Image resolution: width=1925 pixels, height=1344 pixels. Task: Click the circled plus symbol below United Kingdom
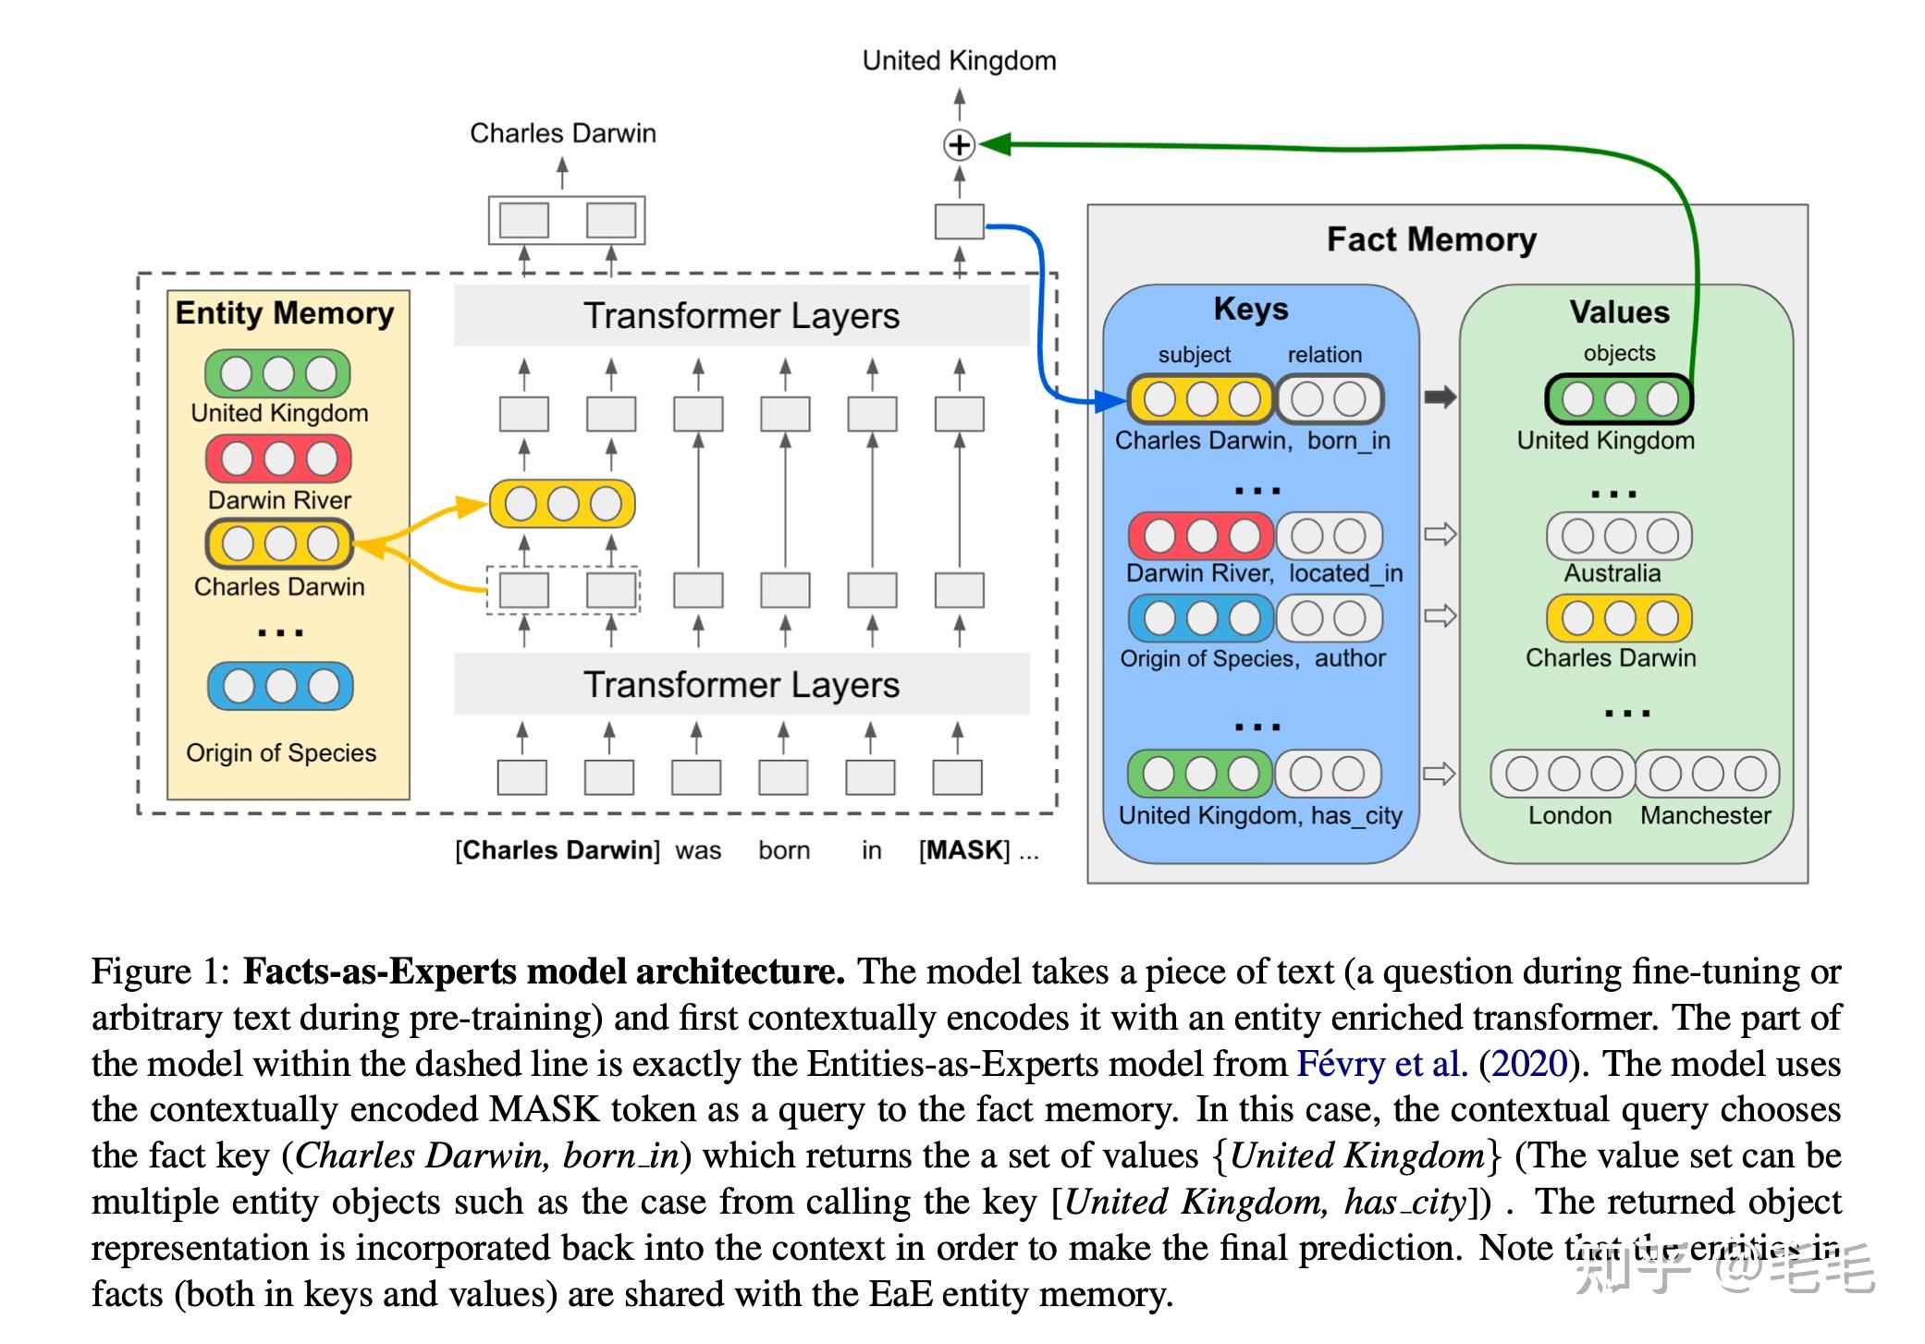click(x=959, y=145)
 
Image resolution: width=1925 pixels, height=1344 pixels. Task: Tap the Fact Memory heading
click(x=1431, y=239)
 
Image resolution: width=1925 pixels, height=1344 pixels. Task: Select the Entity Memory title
click(x=285, y=313)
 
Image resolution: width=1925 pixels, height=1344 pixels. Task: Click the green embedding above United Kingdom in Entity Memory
click(x=277, y=373)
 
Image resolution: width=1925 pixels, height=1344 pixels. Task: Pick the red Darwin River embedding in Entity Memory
click(x=278, y=458)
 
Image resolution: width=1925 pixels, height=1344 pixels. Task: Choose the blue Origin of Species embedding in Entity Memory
click(x=280, y=686)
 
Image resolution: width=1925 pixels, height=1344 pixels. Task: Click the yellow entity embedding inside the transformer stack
click(x=562, y=504)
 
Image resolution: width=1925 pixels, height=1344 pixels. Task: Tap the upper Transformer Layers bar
click(x=741, y=316)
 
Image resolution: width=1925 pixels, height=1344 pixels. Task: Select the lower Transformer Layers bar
click(x=741, y=685)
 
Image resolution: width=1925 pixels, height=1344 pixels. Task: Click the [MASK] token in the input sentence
click(x=964, y=850)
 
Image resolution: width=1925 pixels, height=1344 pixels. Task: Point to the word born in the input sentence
click(x=784, y=850)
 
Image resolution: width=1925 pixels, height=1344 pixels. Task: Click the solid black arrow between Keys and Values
click(x=1440, y=397)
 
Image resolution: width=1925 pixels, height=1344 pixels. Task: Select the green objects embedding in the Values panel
click(x=1619, y=398)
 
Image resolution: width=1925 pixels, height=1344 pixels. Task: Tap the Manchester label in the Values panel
click(x=1705, y=815)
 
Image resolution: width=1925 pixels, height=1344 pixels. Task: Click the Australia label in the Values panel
click(x=1612, y=573)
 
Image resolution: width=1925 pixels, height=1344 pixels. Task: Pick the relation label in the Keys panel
click(x=1324, y=355)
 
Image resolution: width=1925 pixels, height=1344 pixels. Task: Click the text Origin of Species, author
click(x=1252, y=658)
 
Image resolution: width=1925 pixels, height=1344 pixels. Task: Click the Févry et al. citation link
click(x=1381, y=1064)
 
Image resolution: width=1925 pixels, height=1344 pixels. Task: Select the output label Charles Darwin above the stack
click(x=562, y=133)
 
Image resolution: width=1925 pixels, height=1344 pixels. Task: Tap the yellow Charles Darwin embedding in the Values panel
click(x=1619, y=618)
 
